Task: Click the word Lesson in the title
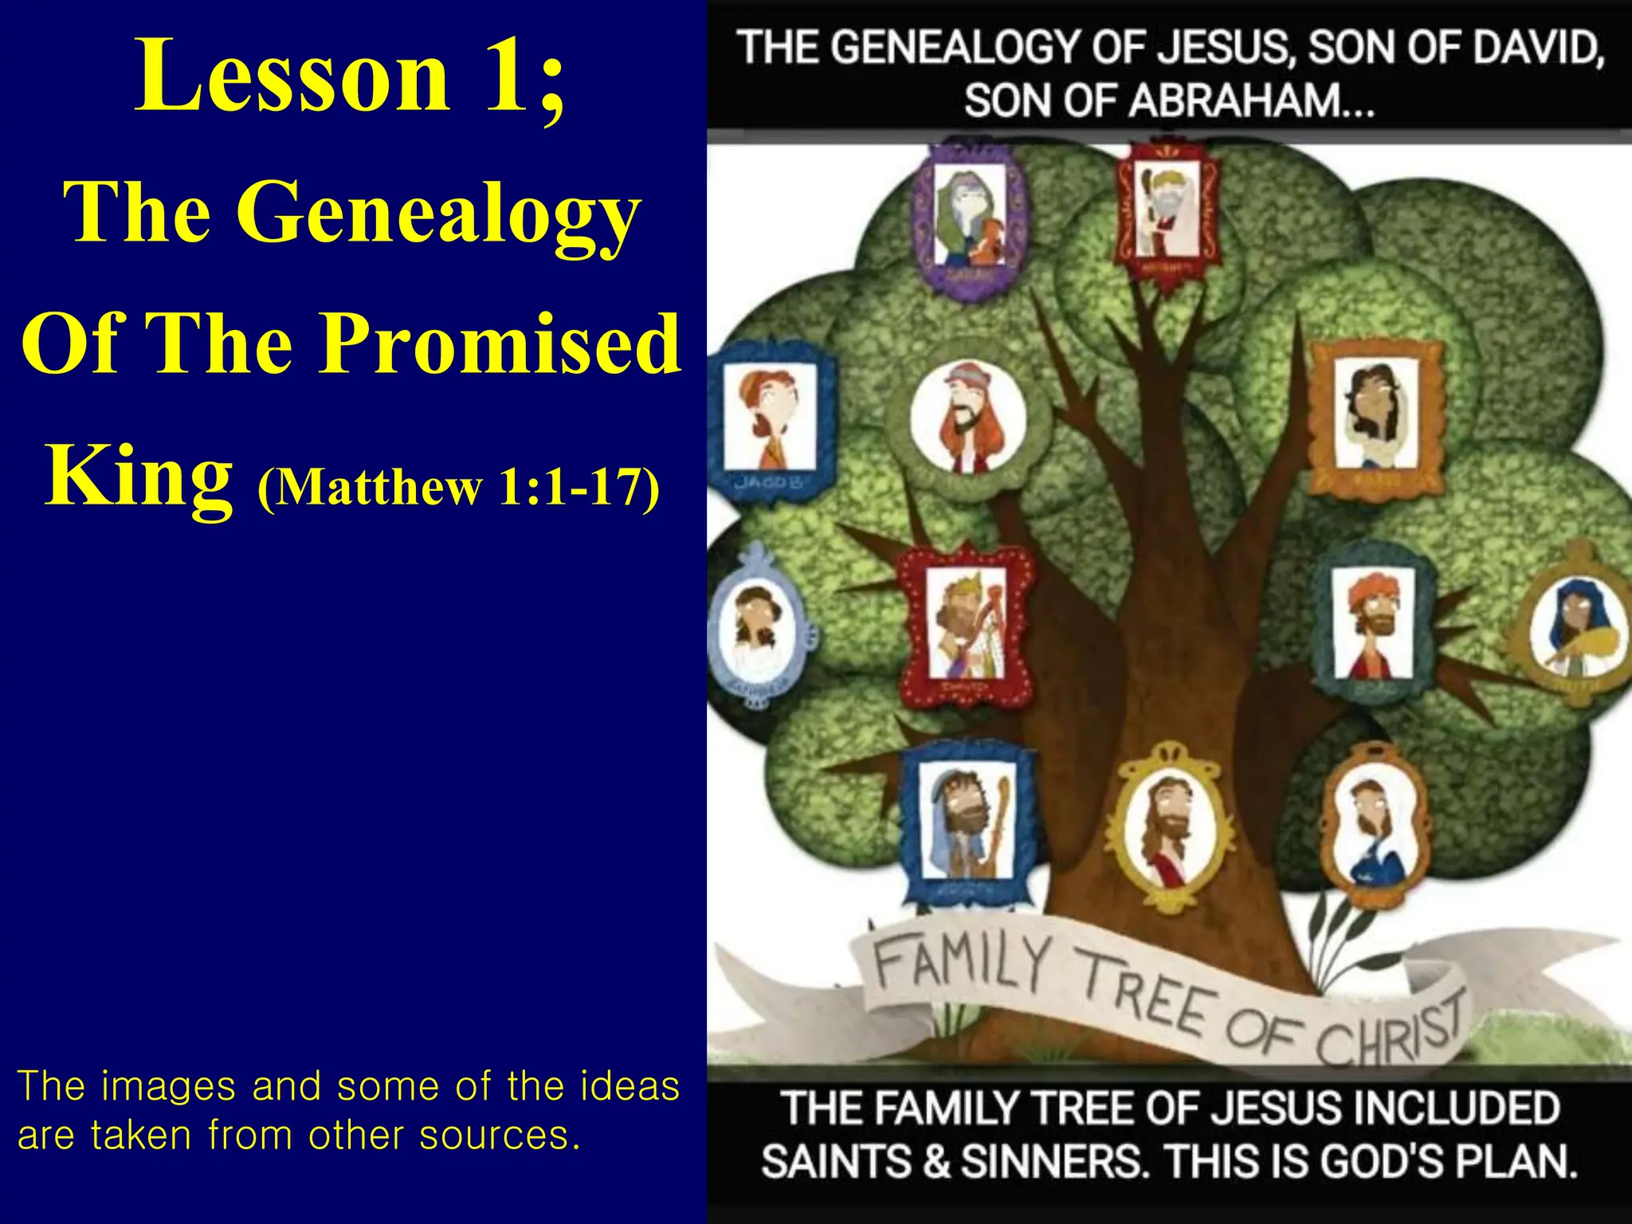[x=292, y=76]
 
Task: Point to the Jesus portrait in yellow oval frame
[x=1171, y=829]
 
